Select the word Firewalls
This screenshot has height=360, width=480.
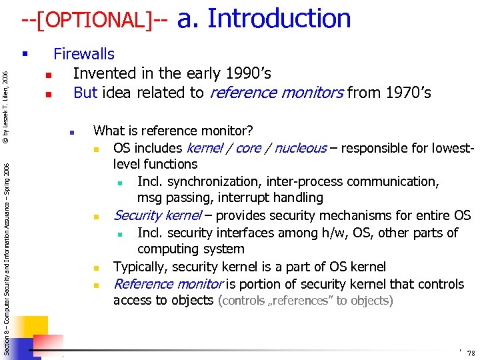(x=84, y=54)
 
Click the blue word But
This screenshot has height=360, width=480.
(x=85, y=92)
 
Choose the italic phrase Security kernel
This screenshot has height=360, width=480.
(x=157, y=215)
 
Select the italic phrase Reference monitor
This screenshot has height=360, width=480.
(x=168, y=284)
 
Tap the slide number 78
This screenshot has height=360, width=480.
(x=471, y=353)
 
